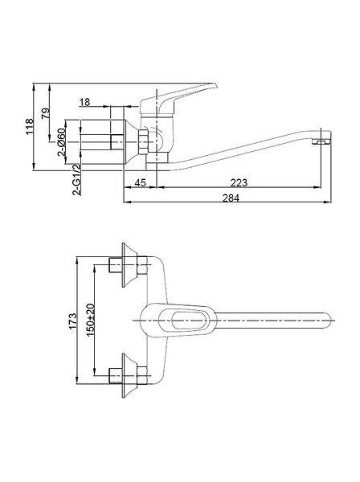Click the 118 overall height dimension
30,126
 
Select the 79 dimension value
46,113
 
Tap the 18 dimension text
85,102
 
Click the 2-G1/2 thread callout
77,179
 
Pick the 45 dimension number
140,182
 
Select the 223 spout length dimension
239,182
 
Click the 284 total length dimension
231,198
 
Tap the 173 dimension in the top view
72,321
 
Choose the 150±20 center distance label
90,320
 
